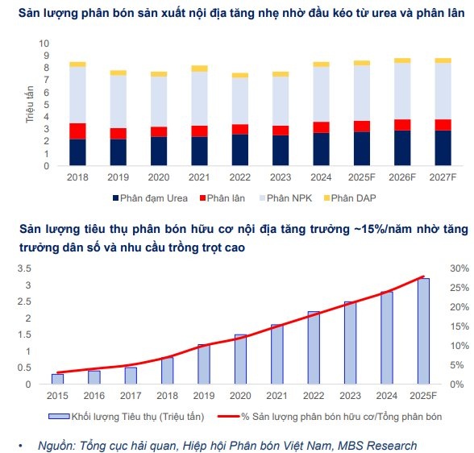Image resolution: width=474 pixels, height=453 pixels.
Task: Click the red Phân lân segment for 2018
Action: coord(77,131)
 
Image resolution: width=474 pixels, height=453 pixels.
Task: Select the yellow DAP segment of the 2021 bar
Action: coord(199,69)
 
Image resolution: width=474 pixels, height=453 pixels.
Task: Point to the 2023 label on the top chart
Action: coord(280,176)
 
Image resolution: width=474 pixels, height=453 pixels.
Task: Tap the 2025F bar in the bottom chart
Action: coord(423,320)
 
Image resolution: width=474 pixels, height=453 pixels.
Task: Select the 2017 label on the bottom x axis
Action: coord(131,395)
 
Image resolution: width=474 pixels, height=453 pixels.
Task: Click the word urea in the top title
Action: coord(361,14)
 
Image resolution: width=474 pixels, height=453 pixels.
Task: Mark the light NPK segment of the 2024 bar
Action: coord(321,94)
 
